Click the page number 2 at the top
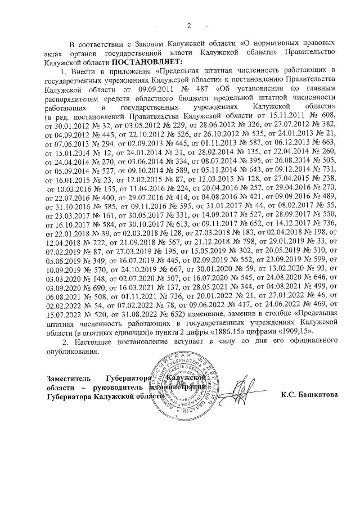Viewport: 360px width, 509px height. click(190, 25)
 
